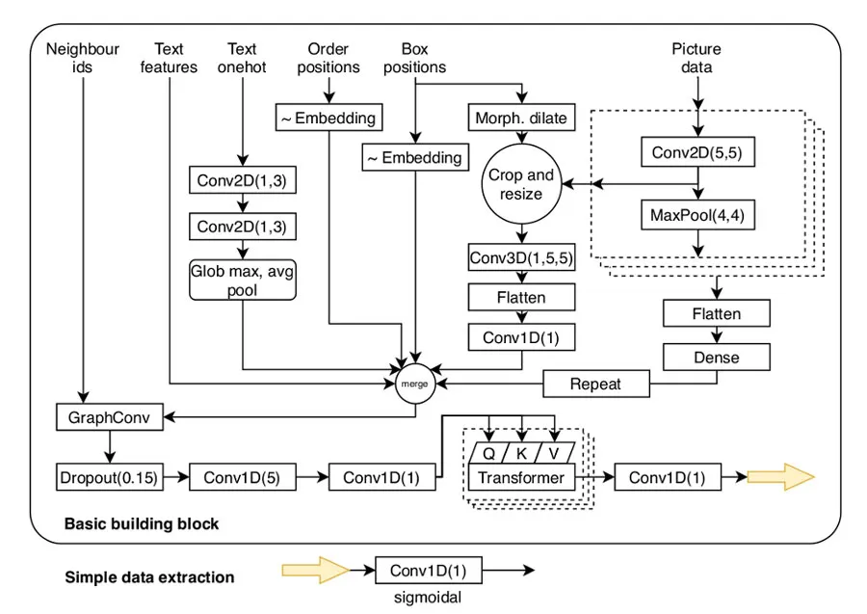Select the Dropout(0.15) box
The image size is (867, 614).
coord(108,476)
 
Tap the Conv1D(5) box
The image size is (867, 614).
coord(240,476)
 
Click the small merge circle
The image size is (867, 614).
coord(415,384)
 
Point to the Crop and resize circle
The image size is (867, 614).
coord(521,184)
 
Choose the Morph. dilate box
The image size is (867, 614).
coord(521,119)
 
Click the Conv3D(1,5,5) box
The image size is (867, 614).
coord(521,257)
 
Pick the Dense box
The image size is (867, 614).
coord(716,357)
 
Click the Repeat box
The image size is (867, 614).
coord(595,384)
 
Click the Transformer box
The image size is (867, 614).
coord(520,476)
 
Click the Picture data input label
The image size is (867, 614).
coord(696,59)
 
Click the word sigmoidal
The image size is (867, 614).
coord(428,598)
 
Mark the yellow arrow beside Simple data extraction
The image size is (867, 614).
coord(312,570)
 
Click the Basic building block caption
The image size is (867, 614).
coord(141,523)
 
